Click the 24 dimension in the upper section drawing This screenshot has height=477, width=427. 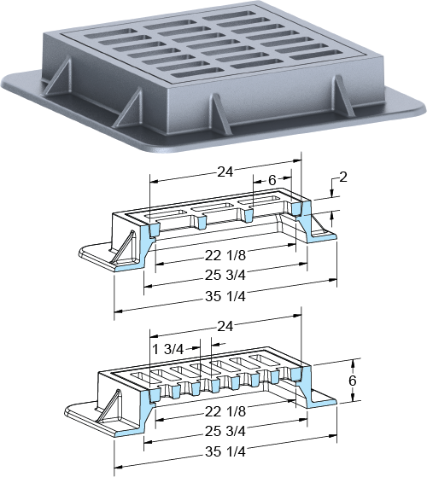tap(225, 172)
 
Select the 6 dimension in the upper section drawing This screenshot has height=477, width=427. tap(272, 180)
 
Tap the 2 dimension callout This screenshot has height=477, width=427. tap(343, 177)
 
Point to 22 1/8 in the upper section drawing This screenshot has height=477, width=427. tap(225, 255)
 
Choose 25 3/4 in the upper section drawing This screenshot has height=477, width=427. tap(225, 276)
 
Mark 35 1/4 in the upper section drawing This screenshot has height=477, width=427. tap(225, 296)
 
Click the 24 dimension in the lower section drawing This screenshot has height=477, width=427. tap(225, 327)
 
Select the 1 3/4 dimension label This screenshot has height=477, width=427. tap(167, 350)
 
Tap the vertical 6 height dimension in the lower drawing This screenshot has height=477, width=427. tap(353, 381)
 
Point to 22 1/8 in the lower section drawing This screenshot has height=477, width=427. tap(225, 411)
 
